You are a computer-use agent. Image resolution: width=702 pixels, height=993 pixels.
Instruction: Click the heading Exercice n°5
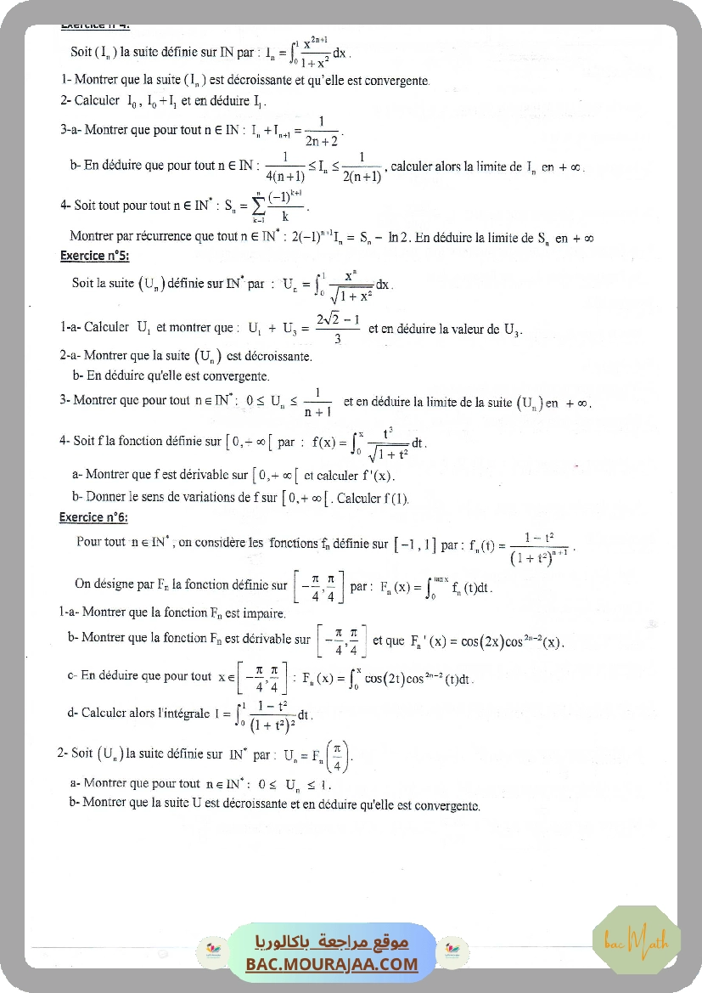tap(95, 256)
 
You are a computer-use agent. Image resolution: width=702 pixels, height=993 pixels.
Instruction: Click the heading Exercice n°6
tap(93, 517)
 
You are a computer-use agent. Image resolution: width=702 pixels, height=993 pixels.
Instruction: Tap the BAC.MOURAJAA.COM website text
tap(332, 964)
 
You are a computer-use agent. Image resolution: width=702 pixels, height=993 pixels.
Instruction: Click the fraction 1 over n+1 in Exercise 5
tap(317, 402)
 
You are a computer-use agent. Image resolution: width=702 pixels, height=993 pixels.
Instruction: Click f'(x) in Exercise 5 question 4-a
tap(376, 476)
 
